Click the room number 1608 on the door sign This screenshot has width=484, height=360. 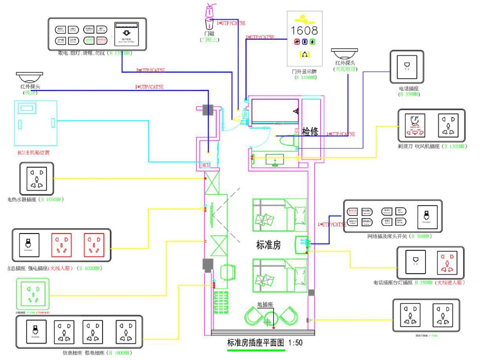pyautogui.click(x=304, y=30)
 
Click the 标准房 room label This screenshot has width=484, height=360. pyautogui.click(x=268, y=246)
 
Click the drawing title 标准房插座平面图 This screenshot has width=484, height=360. pyautogui.click(x=256, y=342)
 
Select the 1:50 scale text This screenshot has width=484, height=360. pyautogui.click(x=295, y=342)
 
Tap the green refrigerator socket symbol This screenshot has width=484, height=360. pyautogui.click(x=33, y=294)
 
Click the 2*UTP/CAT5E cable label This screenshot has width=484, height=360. pyautogui.click(x=150, y=70)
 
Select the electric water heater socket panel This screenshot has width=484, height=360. pyautogui.click(x=36, y=179)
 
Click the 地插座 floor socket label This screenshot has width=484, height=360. pyautogui.click(x=265, y=304)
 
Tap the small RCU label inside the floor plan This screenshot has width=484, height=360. pyautogui.click(x=206, y=165)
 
